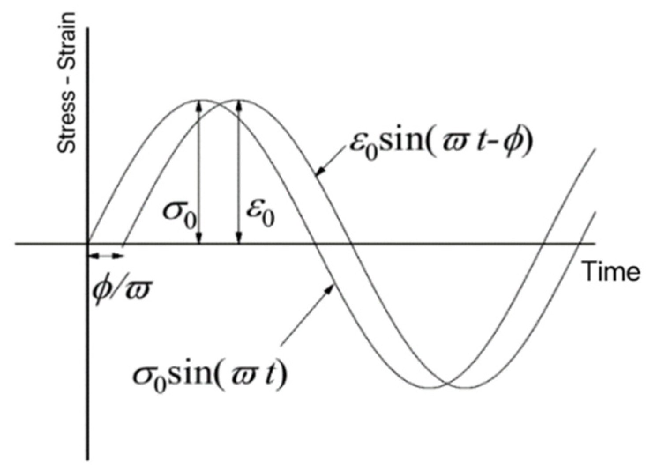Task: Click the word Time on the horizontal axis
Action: [611, 271]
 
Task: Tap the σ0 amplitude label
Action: [180, 213]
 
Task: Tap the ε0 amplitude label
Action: [260, 213]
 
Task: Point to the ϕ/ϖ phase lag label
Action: [121, 290]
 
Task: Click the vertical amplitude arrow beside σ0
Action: [200, 172]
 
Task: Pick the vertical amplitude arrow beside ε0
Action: [239, 172]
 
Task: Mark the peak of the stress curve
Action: [201, 100]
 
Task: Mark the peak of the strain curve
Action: [239, 100]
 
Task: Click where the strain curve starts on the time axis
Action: [123, 243]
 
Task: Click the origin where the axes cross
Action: [88, 243]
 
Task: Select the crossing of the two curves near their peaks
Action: [220, 104]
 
